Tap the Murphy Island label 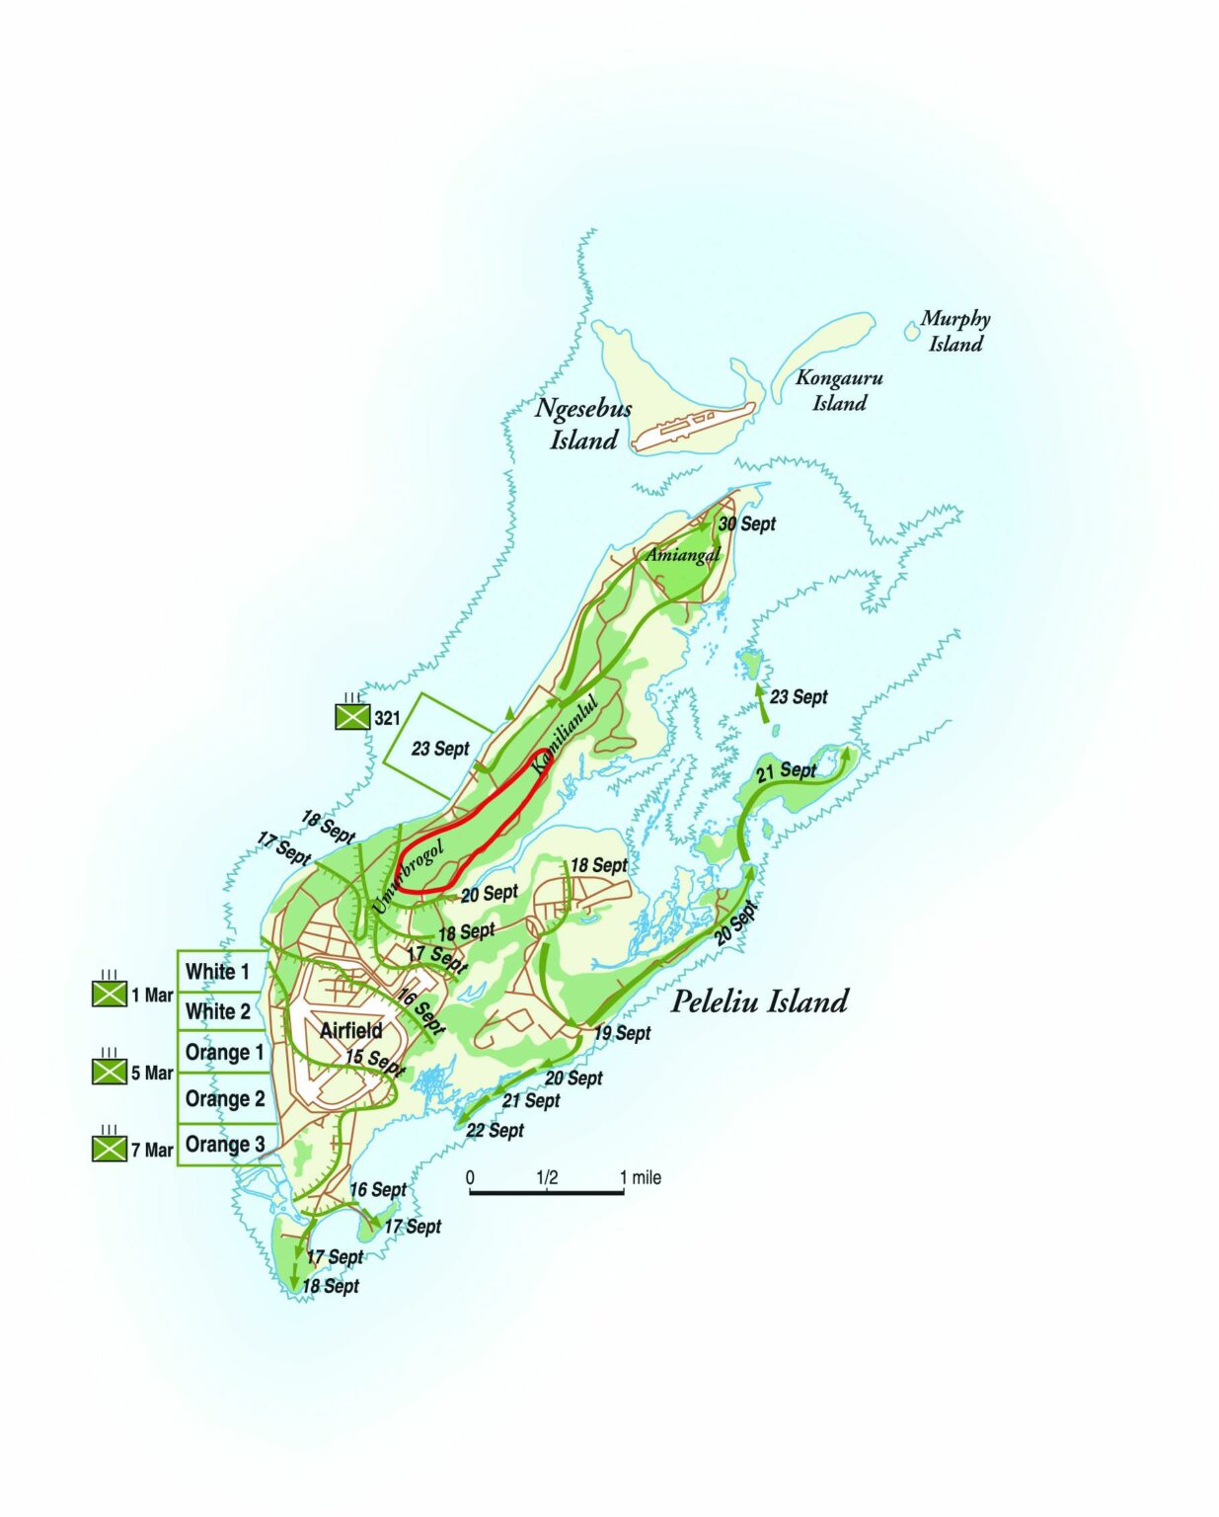point(954,331)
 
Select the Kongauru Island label point(839,390)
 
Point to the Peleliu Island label point(759,1001)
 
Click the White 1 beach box point(218,972)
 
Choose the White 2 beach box point(218,1011)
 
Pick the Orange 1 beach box point(224,1053)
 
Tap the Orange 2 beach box point(224,1098)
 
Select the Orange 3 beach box point(224,1145)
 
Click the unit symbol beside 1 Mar point(109,993)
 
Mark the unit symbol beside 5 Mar point(109,1070)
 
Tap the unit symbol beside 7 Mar point(109,1148)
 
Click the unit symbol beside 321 point(351,716)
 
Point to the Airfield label point(350,1031)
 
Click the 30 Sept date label point(747,524)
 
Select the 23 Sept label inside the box point(440,749)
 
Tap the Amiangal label point(682,556)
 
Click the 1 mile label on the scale point(641,1177)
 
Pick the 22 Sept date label point(495,1130)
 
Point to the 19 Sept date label point(622,1033)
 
